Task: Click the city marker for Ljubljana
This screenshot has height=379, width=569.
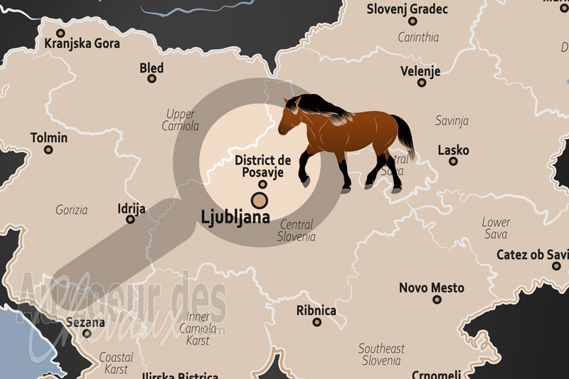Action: click(260, 200)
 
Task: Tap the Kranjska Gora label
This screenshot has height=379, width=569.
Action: click(82, 43)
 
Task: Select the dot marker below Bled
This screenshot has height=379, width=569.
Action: click(151, 79)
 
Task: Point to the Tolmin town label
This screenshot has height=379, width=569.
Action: click(49, 137)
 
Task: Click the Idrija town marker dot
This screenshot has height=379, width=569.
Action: click(130, 219)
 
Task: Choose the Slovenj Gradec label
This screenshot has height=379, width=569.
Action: click(408, 9)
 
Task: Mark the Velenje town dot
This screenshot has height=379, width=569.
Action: click(422, 82)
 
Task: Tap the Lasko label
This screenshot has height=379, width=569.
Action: click(453, 150)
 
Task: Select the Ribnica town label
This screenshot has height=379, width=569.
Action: click(317, 310)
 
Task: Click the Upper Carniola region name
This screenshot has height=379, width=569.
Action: click(181, 120)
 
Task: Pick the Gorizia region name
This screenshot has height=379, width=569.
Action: click(71, 210)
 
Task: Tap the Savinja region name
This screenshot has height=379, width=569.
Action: click(452, 121)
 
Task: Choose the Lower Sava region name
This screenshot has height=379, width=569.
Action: click(496, 228)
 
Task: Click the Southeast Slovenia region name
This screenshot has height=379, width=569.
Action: click(381, 354)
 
